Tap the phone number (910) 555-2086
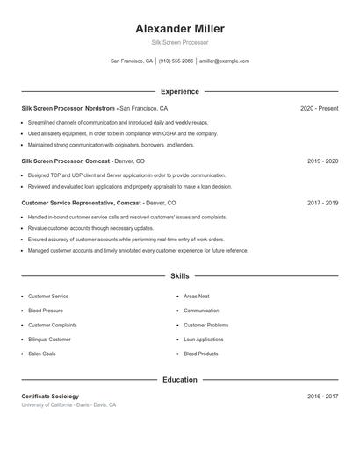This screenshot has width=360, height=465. click(176, 61)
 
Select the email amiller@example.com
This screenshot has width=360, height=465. click(224, 61)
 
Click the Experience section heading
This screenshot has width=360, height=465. click(179, 91)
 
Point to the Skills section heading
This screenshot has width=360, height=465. click(179, 275)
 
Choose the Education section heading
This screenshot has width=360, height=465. click(179, 380)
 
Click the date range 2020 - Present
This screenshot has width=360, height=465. click(319, 108)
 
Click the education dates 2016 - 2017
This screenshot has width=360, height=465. click(323, 397)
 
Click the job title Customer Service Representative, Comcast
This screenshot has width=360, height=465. click(82, 203)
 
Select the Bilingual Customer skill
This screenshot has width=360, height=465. click(50, 339)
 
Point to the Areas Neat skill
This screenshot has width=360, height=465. click(197, 297)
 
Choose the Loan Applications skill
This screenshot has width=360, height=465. click(204, 339)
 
